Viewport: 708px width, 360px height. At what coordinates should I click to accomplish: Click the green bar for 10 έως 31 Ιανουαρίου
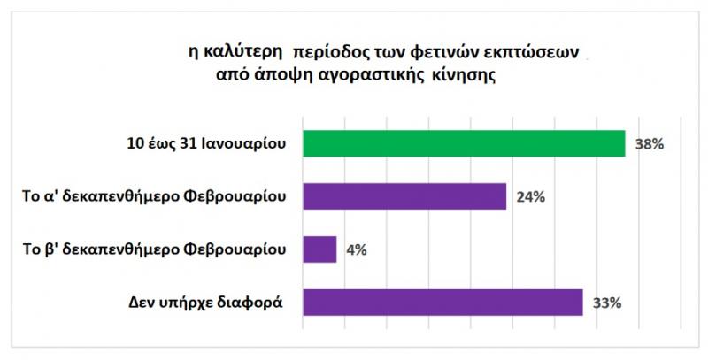pyautogui.click(x=464, y=143)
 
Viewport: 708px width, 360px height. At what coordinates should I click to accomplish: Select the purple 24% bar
pyautogui.click(x=404, y=196)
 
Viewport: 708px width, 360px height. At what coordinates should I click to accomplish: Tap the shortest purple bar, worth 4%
pyautogui.click(x=319, y=249)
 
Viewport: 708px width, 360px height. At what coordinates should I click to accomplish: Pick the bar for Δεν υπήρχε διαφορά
pyautogui.click(x=442, y=303)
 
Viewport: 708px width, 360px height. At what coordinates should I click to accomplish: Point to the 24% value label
pyautogui.click(x=529, y=196)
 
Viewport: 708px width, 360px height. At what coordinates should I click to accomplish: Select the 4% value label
pyautogui.click(x=355, y=249)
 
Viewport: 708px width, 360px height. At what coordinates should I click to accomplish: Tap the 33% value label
pyautogui.click(x=605, y=303)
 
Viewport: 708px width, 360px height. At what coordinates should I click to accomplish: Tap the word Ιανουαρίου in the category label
pyautogui.click(x=249, y=143)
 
